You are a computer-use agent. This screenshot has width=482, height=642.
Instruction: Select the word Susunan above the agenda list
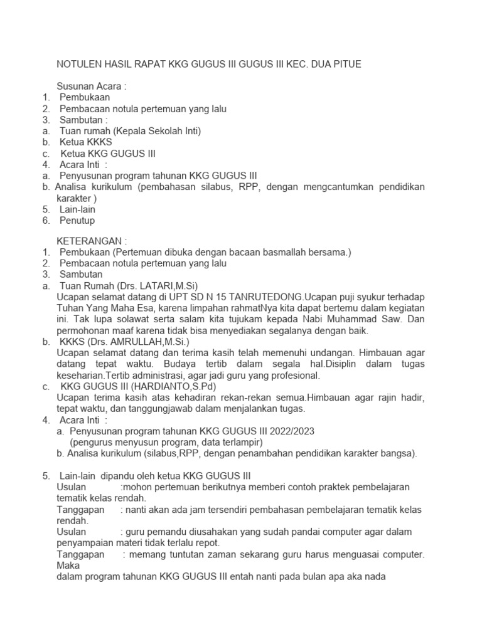point(76,86)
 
